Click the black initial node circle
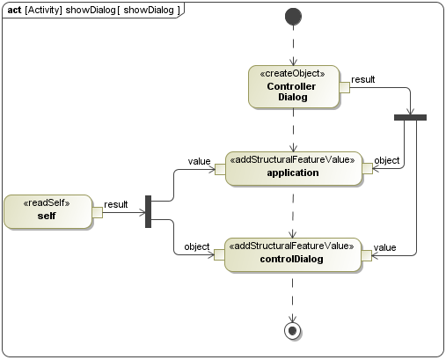point(294,17)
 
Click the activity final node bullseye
point(294,330)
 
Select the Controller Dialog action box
point(293,86)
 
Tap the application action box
point(293,167)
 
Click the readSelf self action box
point(48,212)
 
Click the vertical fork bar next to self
point(149,211)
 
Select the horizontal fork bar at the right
point(410,117)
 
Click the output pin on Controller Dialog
point(345,87)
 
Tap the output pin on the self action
point(98,212)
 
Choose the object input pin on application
point(367,168)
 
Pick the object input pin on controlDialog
point(220,255)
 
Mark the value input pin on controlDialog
point(367,255)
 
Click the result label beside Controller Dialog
point(362,79)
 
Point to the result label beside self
point(116,204)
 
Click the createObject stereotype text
point(293,73)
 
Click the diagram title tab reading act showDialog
point(93,10)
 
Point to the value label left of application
point(198,160)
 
